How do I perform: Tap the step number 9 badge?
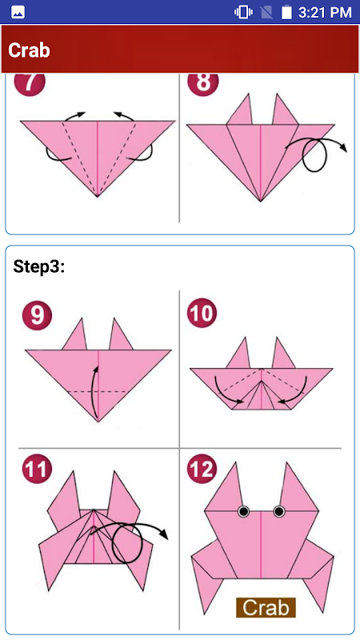tap(37, 315)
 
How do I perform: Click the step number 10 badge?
tap(202, 314)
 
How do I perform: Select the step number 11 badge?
tap(37, 470)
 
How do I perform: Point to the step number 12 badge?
tap(202, 470)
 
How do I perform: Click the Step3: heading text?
tap(38, 267)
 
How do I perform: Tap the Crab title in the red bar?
tap(29, 50)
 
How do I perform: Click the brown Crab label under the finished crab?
tap(266, 608)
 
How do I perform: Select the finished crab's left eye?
tap(244, 511)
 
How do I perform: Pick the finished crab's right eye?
tap(279, 511)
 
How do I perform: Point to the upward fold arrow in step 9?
tap(96, 392)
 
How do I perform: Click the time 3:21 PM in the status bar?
tap(325, 12)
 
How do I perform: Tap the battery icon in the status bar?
tap(286, 12)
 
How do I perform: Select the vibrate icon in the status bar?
tap(243, 12)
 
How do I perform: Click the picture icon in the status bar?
tap(18, 13)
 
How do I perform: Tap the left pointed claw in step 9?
tap(76, 334)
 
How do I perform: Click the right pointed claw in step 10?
tap(282, 353)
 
